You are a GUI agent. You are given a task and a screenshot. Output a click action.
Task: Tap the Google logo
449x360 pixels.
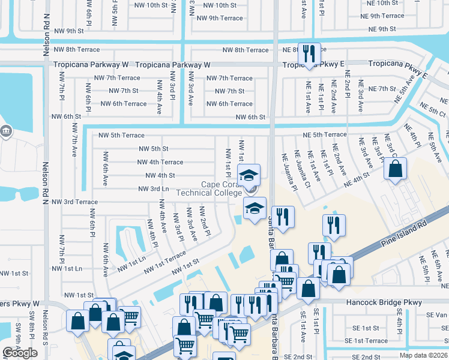(20, 353)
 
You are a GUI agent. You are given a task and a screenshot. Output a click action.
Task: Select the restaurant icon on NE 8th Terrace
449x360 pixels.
(309, 53)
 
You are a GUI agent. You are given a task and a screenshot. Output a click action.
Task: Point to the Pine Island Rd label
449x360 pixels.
(403, 234)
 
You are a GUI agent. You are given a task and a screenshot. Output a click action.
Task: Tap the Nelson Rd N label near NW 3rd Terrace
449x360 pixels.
(46, 180)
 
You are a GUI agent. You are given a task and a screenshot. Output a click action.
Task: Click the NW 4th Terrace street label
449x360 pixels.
(160, 162)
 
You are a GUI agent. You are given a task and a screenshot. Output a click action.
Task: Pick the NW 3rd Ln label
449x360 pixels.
(153, 188)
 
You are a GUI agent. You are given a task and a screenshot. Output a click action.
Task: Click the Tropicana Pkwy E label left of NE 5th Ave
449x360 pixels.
(397, 63)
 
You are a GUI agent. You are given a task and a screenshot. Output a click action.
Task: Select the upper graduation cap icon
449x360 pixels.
(247, 176)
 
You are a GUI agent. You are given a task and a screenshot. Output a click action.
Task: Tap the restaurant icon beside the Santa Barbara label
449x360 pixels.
(283, 217)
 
